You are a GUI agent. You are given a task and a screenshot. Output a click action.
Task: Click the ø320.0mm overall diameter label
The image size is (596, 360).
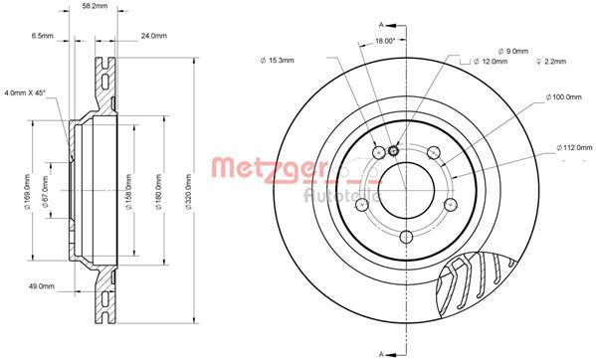coord(187,195)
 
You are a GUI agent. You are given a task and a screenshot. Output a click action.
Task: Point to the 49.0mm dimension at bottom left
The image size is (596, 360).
coord(42,286)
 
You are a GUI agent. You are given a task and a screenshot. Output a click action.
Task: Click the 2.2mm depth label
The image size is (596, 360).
coord(554,61)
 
